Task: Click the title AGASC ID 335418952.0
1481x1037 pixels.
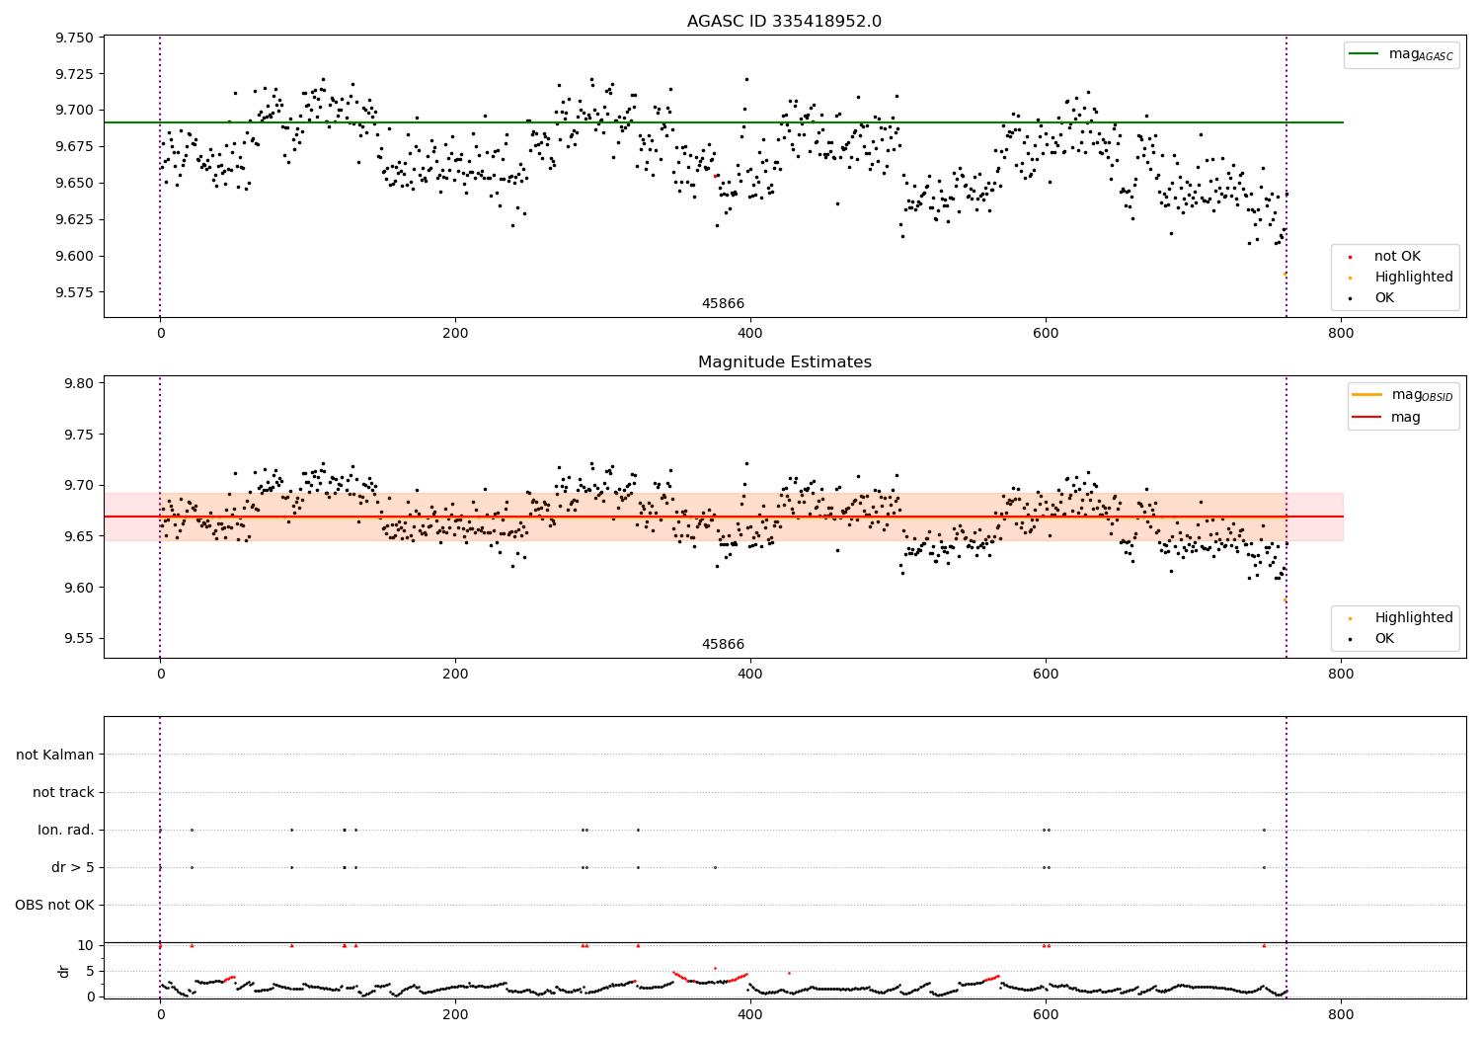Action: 784,22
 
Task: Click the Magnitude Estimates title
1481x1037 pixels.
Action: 784,362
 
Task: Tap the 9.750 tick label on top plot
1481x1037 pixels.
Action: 75,38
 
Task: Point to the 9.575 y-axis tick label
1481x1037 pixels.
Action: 75,292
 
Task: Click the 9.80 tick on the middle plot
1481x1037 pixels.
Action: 79,383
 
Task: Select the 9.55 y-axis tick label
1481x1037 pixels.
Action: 79,638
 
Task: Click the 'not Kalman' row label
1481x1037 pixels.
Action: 55,755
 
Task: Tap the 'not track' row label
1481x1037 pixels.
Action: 63,792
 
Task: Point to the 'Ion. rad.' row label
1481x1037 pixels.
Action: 66,830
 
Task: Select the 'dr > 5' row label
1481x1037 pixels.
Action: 73,867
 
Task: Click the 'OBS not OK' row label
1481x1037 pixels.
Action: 54,905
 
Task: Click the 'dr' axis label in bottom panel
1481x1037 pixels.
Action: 64,971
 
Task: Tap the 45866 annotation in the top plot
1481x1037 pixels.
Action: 723,304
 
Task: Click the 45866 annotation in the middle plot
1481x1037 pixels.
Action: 723,645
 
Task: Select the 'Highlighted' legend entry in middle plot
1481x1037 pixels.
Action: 1414,618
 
